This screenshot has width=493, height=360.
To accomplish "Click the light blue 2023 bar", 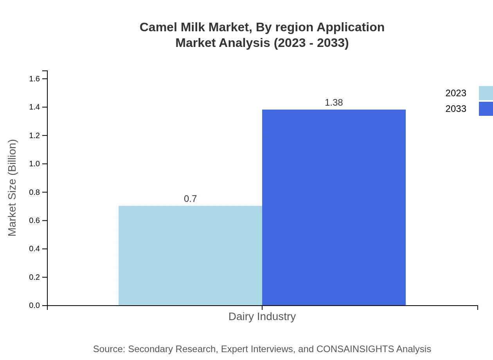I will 190,256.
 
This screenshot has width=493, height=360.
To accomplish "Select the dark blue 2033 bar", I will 334,207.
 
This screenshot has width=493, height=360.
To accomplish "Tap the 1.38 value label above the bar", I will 334,103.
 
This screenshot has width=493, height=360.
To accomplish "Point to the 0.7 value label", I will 190,199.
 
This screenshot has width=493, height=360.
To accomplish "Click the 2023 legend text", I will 456,93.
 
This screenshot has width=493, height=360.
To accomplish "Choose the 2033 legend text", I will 456,109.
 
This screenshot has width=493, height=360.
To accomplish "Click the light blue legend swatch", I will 486,93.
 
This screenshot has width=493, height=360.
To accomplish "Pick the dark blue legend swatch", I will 486,109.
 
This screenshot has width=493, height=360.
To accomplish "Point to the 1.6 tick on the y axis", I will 34,79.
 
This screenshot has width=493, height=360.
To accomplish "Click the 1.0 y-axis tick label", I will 34,164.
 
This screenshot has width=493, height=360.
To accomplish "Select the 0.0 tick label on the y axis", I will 34,305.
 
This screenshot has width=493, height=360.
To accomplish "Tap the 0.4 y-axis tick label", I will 34,249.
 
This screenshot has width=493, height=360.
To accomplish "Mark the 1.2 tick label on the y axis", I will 34,135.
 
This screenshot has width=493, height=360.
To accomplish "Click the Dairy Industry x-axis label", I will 262,316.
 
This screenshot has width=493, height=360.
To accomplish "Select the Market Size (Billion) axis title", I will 12,188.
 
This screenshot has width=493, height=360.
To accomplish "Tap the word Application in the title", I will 350,27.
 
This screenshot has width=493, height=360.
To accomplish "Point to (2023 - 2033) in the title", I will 311,43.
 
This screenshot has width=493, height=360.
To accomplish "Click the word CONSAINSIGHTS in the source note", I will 355,349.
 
